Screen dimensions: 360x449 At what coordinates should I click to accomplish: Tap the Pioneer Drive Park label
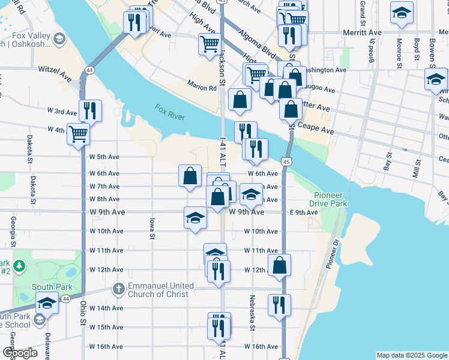tap(330, 200)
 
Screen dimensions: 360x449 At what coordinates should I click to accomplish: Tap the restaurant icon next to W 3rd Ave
tap(90, 110)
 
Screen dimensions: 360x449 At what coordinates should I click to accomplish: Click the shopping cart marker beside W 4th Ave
tap(78, 133)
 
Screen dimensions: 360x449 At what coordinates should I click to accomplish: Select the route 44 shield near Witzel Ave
tap(89, 70)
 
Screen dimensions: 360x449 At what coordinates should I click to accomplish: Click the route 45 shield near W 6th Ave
tap(286, 161)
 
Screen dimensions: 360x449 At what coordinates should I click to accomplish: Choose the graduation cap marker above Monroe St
tap(402, 13)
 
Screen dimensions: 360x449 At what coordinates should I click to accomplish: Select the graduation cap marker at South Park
tap(47, 302)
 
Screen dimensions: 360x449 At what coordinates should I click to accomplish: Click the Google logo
tap(20, 353)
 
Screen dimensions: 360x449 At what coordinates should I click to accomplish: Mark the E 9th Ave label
tap(303, 212)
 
